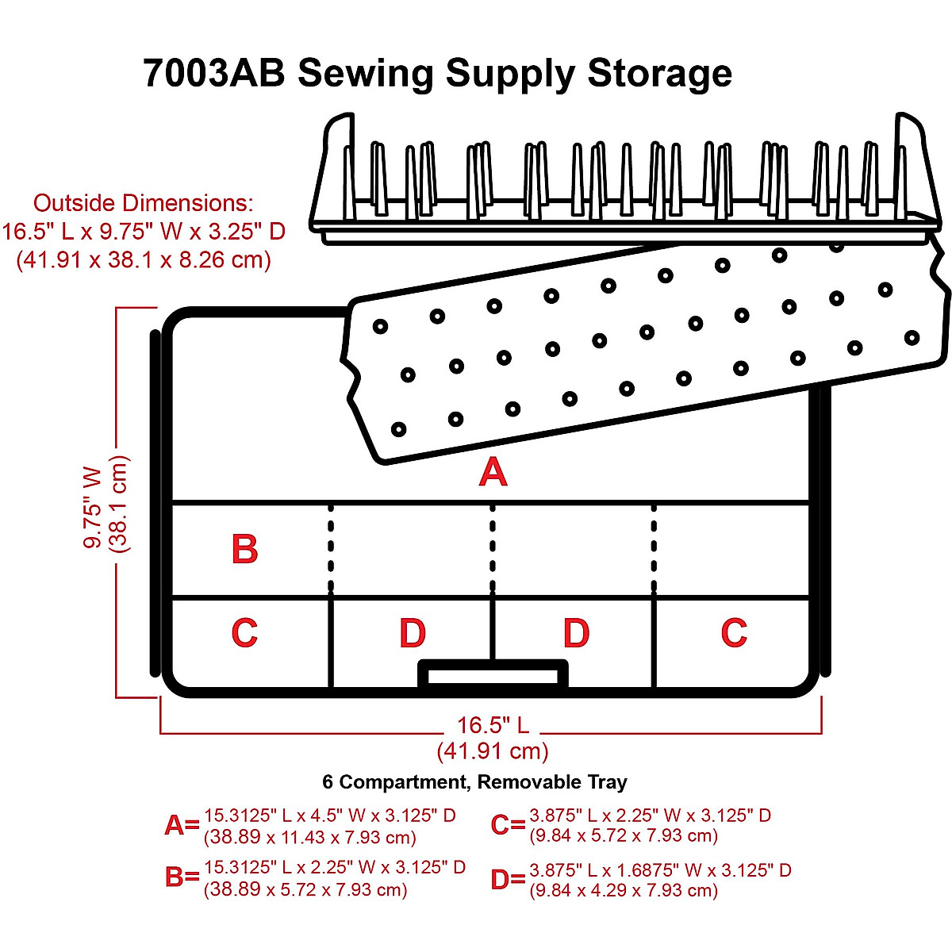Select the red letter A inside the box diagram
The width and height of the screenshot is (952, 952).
tap(493, 473)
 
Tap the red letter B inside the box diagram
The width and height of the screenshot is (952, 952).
tap(244, 549)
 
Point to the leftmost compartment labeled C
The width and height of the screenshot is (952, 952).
tap(244, 633)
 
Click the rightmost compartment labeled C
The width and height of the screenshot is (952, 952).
tap(734, 633)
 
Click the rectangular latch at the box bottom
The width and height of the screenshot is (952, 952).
tap(493, 675)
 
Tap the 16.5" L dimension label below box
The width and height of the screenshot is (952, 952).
tap(493, 725)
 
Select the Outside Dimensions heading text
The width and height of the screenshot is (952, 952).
tap(144, 203)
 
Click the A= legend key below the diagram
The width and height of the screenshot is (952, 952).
tap(182, 826)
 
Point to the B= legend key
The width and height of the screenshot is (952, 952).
tap(182, 877)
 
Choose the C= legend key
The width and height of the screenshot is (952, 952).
tap(508, 826)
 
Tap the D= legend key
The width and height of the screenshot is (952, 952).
tap(508, 879)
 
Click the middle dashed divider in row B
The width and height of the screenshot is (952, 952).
tap(493, 549)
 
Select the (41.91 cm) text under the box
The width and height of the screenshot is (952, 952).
tap(493, 751)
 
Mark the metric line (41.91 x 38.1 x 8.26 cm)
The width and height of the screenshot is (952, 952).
tap(144, 260)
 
